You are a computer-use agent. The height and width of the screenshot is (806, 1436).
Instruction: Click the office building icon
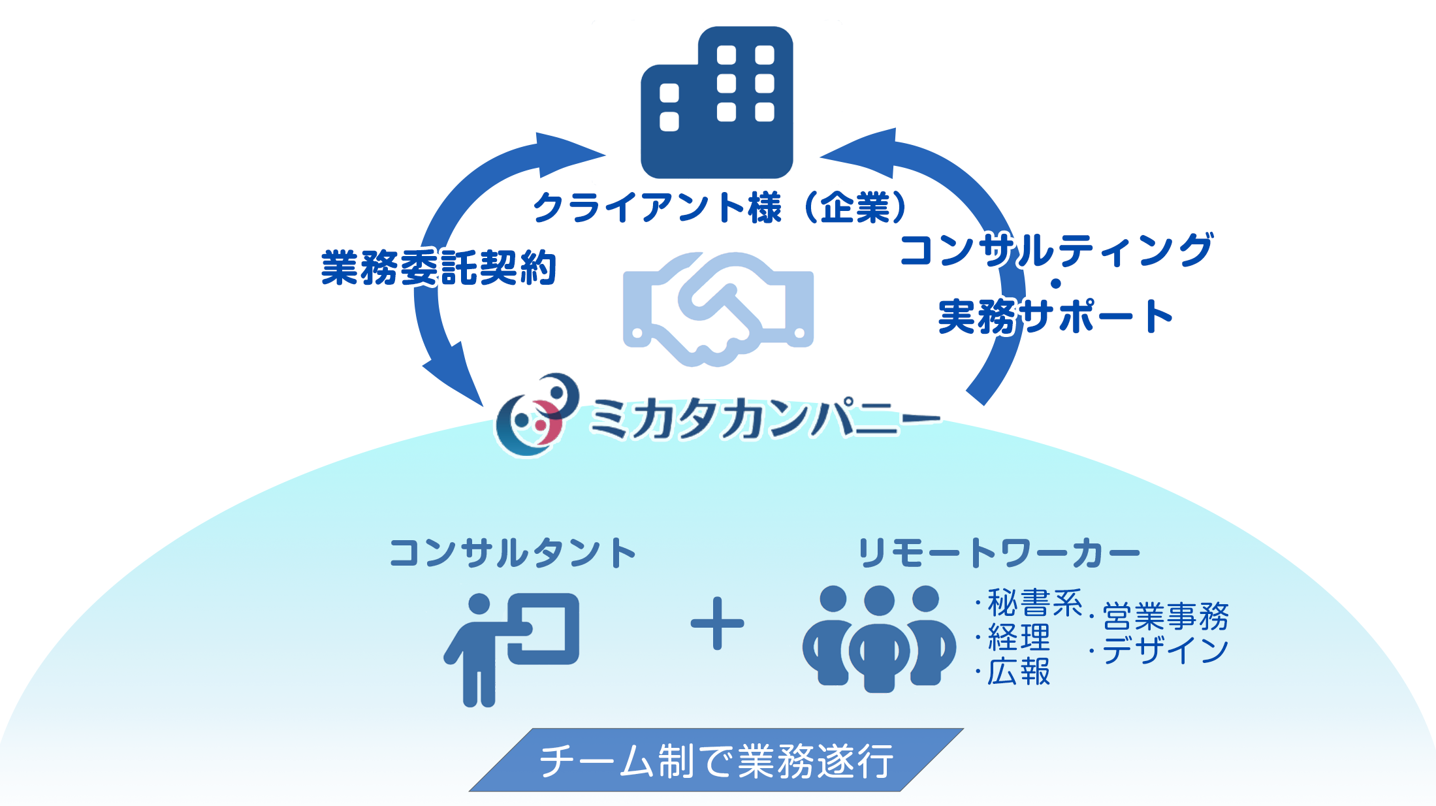(x=716, y=103)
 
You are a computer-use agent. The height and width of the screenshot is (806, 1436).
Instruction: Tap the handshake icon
(x=718, y=309)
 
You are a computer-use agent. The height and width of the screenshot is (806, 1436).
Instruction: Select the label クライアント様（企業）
(x=720, y=208)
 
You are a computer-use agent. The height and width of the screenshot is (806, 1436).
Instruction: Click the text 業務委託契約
(x=438, y=268)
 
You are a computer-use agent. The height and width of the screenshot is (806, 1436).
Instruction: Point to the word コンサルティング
(x=1057, y=250)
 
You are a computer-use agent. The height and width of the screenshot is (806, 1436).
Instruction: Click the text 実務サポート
(x=1055, y=317)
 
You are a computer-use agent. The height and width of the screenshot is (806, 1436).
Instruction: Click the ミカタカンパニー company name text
(x=764, y=418)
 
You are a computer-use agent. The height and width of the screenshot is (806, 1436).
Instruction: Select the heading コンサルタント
(x=513, y=553)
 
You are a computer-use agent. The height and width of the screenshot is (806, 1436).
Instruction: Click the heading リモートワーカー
(x=999, y=553)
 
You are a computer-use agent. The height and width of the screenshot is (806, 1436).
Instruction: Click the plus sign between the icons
(x=717, y=624)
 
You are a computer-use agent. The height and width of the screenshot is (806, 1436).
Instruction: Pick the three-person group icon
(x=879, y=639)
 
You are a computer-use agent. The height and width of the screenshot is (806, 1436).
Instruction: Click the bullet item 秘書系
(x=1029, y=602)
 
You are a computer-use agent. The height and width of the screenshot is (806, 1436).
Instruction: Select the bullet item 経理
(x=1013, y=637)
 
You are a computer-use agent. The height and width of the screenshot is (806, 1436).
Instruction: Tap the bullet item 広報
(x=1013, y=671)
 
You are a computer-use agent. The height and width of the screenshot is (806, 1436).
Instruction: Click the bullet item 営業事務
(x=1159, y=616)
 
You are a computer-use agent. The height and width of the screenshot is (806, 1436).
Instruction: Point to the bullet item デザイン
(x=1159, y=651)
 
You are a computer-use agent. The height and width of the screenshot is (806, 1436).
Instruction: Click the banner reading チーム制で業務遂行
(x=716, y=760)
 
